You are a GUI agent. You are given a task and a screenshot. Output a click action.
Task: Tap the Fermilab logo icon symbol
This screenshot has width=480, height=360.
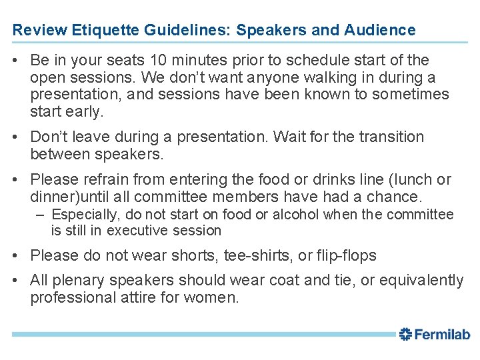(406, 335)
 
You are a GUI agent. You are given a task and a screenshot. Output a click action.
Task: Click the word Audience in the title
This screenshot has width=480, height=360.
(380, 30)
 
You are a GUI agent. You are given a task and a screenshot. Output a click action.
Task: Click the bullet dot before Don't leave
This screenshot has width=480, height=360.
(16, 137)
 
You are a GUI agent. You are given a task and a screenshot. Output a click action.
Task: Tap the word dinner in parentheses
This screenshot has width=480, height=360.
(51, 197)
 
